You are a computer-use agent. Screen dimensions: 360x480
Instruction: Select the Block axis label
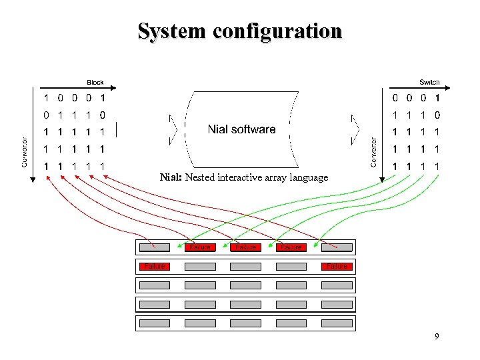click(x=95, y=82)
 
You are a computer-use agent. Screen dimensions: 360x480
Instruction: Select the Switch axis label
click(x=429, y=82)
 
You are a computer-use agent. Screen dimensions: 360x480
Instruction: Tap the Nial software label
click(x=241, y=129)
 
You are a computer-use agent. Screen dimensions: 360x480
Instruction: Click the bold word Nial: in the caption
click(x=171, y=177)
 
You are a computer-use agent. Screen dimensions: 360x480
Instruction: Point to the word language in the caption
click(x=309, y=177)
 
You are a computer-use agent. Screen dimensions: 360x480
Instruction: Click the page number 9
click(x=437, y=337)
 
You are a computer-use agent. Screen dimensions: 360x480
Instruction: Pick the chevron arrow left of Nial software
click(x=174, y=129)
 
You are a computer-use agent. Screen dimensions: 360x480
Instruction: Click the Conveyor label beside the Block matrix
click(x=25, y=151)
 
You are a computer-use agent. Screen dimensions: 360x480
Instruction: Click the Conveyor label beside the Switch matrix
click(x=374, y=151)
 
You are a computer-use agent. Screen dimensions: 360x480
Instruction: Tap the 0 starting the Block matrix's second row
click(x=46, y=115)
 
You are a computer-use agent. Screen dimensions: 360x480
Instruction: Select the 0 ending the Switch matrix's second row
click(x=437, y=115)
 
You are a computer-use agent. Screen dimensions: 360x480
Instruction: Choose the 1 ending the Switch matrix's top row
click(x=437, y=98)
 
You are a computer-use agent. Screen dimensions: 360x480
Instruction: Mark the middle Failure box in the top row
click(x=245, y=247)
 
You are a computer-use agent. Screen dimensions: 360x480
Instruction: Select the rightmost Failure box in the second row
click(x=337, y=267)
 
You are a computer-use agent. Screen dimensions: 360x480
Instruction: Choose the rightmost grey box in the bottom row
click(x=337, y=324)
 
